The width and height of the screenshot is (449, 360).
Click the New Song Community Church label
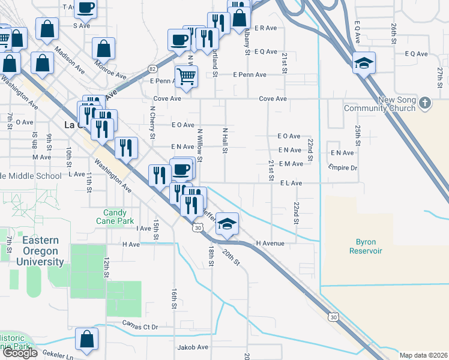[x=379, y=104]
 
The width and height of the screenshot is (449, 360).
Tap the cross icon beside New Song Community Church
[x=425, y=103]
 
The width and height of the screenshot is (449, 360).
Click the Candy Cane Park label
[x=115, y=217]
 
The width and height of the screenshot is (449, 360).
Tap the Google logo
[x=20, y=352]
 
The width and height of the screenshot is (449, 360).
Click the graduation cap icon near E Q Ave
[x=363, y=63]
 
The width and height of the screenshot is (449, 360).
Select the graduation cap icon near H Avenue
[x=227, y=224]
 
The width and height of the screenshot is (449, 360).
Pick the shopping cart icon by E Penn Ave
[x=187, y=77]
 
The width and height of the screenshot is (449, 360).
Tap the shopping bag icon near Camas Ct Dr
[x=87, y=339]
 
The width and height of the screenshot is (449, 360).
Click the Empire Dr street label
[x=343, y=168]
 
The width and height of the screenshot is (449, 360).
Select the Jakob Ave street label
[x=192, y=347]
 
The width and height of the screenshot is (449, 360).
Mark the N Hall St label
[x=225, y=140]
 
